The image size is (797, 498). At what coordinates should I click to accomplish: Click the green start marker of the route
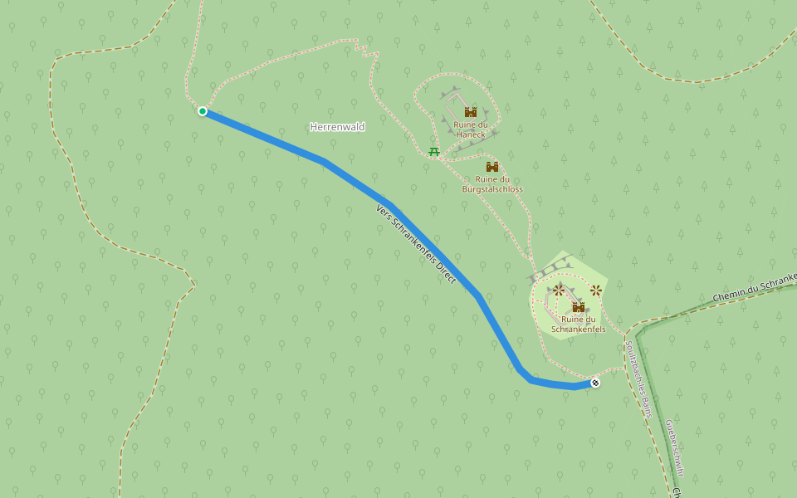(203, 111)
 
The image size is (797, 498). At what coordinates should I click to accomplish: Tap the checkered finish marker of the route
(595, 383)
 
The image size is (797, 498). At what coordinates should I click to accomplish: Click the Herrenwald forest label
(337, 127)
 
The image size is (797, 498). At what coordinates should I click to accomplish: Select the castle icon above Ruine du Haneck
(470, 112)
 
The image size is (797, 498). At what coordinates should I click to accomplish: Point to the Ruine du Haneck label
(471, 129)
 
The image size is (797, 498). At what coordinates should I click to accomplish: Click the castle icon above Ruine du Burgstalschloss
(492, 167)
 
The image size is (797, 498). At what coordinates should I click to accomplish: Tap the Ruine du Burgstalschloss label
(492, 183)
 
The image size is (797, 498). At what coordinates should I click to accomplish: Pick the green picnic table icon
(433, 151)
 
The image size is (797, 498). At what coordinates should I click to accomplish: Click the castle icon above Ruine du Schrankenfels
(579, 307)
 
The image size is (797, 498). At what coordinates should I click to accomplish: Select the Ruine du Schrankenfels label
(579, 324)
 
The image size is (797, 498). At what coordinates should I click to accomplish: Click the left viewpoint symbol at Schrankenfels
(559, 290)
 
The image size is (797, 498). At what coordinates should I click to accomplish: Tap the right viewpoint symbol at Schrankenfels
(596, 290)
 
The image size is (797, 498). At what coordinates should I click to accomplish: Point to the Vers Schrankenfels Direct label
(416, 244)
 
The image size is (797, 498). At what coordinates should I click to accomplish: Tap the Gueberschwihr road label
(674, 448)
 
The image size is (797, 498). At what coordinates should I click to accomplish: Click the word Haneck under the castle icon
(471, 134)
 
